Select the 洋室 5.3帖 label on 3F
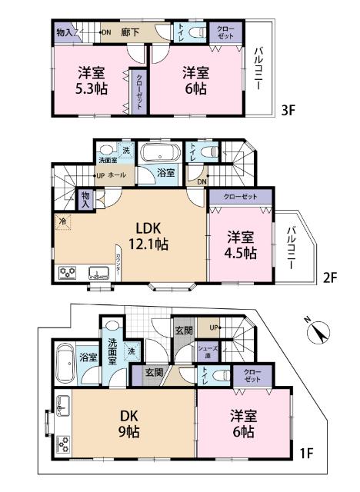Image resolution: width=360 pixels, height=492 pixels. [x=91, y=80]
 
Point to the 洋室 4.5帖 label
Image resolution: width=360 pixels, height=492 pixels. [x=238, y=245]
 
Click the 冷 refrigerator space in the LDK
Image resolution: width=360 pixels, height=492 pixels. [x=62, y=222]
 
